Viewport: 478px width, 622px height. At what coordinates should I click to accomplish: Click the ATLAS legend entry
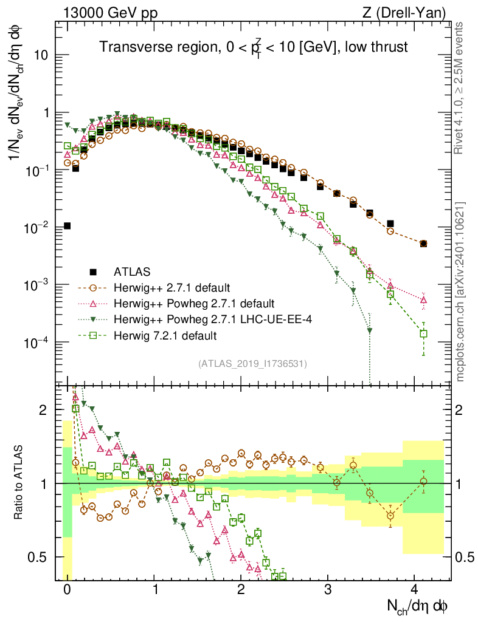point(131,271)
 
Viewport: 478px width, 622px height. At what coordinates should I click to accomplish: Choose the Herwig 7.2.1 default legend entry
point(165,335)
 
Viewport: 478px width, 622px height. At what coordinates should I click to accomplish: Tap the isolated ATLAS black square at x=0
point(67,226)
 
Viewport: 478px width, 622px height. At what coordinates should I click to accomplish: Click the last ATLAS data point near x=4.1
point(423,244)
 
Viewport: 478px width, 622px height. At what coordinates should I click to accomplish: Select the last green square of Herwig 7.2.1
point(423,333)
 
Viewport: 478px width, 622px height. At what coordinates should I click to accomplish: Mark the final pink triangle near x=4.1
point(423,299)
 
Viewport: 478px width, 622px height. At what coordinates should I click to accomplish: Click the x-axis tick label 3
point(328,590)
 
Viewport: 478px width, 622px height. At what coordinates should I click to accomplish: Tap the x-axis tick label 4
point(414,590)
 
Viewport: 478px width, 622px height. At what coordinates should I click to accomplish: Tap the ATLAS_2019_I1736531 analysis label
point(252,363)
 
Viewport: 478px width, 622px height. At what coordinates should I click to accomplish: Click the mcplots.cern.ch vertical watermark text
point(461,291)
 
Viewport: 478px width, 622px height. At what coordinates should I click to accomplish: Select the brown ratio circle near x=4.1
point(423,481)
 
